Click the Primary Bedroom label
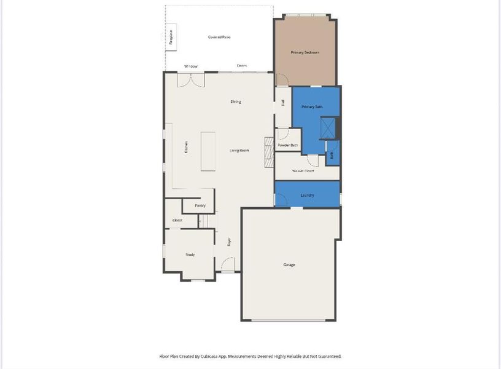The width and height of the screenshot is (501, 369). tap(305, 53)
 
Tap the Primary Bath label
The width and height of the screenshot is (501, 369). tap(312, 107)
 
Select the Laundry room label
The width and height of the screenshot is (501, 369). tap(308, 196)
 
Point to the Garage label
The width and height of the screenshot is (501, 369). tap(289, 265)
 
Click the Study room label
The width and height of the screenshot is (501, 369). tap(190, 254)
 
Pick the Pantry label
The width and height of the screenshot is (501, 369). tap(200, 205)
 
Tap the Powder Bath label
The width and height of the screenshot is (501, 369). tap(287, 145)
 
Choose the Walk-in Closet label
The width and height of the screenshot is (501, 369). tap(303, 170)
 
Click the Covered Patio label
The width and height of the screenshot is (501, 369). tap(219, 38)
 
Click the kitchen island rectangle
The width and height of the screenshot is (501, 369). tap(208, 151)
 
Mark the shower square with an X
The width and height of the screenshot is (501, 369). tap(328, 128)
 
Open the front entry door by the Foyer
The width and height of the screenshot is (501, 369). tap(228, 266)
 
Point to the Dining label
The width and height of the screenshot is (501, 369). tap(236, 102)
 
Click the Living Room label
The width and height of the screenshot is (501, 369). tap(239, 151)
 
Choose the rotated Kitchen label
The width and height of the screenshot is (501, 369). tap(185, 148)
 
